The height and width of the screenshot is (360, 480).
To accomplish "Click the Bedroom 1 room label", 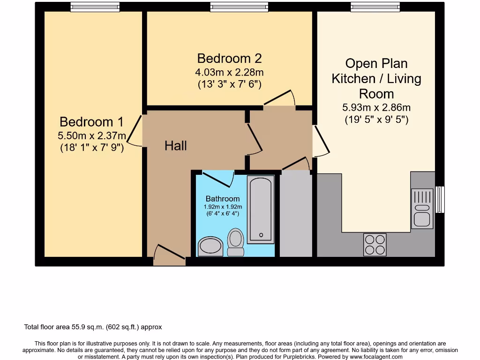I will (91, 122).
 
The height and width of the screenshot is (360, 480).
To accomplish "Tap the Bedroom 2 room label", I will (229, 59).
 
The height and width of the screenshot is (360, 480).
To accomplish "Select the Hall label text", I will (176, 146).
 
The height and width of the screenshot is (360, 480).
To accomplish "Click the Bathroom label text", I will (223, 199).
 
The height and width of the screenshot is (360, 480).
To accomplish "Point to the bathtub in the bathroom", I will (260, 210).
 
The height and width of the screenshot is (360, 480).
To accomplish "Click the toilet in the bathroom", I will (235, 241).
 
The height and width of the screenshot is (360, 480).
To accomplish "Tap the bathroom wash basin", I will (210, 246).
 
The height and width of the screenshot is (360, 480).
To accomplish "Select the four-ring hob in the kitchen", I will (375, 244).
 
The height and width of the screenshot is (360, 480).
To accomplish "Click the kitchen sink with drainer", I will (422, 209).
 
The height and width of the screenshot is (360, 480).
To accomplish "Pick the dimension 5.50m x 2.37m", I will (92, 136).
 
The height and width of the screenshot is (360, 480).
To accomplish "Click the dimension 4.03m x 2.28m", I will (229, 73).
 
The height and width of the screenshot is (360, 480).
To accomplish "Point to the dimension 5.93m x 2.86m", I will (376, 107).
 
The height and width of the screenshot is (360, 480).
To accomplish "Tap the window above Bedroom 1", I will (95, 7).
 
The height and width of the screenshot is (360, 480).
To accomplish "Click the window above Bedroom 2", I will (239, 7).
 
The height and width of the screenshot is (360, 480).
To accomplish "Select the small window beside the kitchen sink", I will (440, 199).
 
